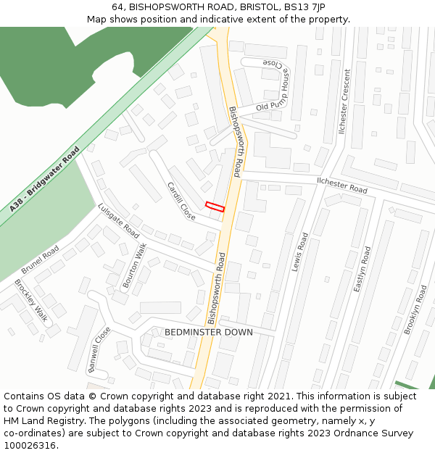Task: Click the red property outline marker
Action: point(215,207)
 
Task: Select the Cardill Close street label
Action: point(181,201)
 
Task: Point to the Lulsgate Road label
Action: point(118,220)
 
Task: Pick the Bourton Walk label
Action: point(134,266)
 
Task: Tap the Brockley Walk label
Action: point(30,300)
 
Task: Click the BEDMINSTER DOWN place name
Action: point(209,332)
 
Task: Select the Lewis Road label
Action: point(300,252)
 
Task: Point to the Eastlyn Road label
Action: point(362,270)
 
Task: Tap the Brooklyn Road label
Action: point(416,309)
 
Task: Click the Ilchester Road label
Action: point(341,184)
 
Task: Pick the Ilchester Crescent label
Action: point(344,101)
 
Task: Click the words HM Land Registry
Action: point(40,421)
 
